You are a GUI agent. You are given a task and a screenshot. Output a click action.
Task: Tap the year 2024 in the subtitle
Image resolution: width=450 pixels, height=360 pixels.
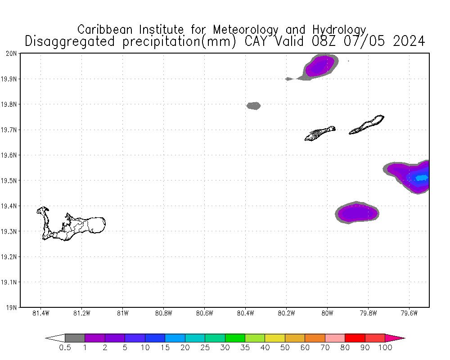point(409,41)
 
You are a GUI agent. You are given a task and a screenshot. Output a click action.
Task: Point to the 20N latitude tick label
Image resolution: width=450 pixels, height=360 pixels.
point(11,54)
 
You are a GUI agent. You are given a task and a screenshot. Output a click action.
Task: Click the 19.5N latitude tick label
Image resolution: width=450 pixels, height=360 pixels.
point(10,180)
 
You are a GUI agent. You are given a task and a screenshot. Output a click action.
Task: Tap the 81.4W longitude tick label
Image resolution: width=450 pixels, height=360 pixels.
point(41,313)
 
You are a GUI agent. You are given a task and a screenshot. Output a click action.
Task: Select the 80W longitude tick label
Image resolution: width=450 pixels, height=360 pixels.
point(327,313)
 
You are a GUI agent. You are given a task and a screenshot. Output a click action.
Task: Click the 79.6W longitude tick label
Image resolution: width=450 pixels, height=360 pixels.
point(409,313)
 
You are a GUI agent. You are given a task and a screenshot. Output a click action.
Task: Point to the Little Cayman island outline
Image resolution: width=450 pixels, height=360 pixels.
point(319,133)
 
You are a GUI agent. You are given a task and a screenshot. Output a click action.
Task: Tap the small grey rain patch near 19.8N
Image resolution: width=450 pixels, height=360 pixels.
point(253,106)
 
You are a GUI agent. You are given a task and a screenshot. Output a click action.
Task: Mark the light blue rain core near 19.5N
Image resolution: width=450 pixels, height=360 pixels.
point(422,178)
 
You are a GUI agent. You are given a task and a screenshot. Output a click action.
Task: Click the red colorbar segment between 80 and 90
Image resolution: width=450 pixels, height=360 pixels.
point(355,338)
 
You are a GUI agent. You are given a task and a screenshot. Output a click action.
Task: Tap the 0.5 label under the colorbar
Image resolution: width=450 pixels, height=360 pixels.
point(65,347)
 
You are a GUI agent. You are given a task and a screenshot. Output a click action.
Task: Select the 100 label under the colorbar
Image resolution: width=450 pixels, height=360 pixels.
point(385,347)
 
